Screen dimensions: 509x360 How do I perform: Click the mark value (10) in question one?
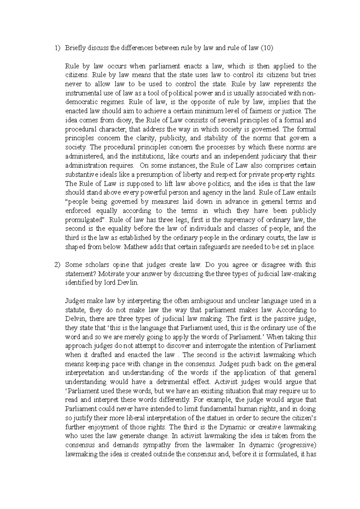267,48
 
